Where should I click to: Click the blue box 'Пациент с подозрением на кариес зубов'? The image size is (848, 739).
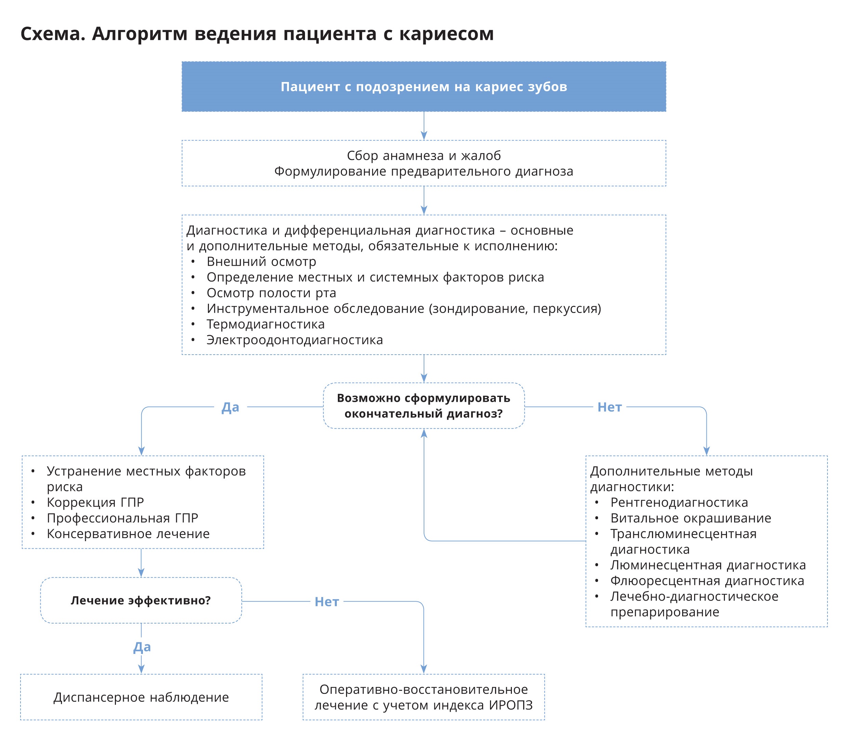(x=423, y=86)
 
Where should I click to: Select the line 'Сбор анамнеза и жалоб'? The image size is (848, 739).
(x=423, y=155)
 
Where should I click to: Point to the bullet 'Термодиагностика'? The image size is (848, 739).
(x=265, y=324)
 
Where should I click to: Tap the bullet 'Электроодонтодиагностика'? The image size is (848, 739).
(x=295, y=340)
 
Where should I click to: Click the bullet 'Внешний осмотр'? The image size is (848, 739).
(x=261, y=261)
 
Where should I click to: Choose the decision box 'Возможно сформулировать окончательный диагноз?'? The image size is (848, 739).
(x=423, y=406)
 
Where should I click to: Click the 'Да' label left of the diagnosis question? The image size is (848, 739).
(x=230, y=407)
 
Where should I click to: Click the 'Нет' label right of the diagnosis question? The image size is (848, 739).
(x=609, y=407)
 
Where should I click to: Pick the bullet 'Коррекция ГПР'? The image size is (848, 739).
(x=95, y=502)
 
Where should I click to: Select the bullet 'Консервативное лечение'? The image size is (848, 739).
(x=128, y=534)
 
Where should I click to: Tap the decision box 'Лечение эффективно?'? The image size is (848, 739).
(x=141, y=600)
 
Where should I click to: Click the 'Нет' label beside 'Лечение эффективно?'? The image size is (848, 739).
(x=327, y=602)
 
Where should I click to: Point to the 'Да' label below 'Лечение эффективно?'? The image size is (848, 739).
(x=142, y=647)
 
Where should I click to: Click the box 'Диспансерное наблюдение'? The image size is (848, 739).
(x=141, y=697)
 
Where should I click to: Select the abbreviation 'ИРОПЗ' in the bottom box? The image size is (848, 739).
(x=511, y=705)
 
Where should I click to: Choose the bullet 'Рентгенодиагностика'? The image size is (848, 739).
(x=679, y=502)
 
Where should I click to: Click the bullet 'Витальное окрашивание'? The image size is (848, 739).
(x=690, y=518)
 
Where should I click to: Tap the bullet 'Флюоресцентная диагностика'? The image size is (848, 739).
(x=707, y=581)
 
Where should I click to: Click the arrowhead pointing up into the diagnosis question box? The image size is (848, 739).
(x=424, y=434)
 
